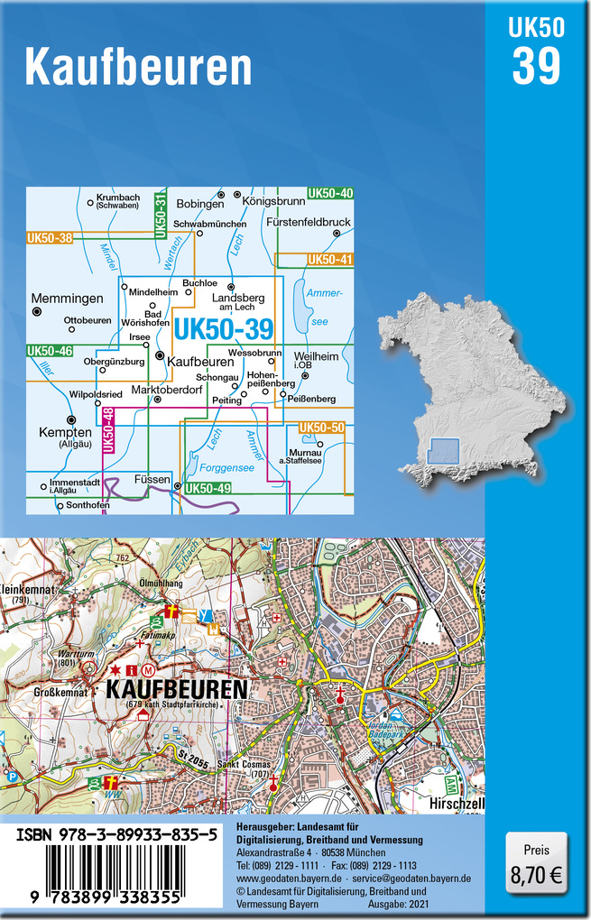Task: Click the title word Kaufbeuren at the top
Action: tap(138, 66)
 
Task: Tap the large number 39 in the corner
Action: tap(537, 66)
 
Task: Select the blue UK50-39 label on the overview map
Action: tap(223, 331)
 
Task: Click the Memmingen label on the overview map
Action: tap(67, 298)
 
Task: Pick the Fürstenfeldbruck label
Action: tap(309, 222)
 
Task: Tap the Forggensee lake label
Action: tap(226, 467)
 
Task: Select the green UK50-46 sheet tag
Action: tap(50, 350)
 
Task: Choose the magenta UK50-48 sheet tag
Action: tap(108, 431)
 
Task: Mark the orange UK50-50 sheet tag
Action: tap(321, 427)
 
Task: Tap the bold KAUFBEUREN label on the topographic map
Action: tap(177, 690)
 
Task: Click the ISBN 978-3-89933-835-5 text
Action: tap(116, 837)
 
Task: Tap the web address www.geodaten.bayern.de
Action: tap(289, 878)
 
